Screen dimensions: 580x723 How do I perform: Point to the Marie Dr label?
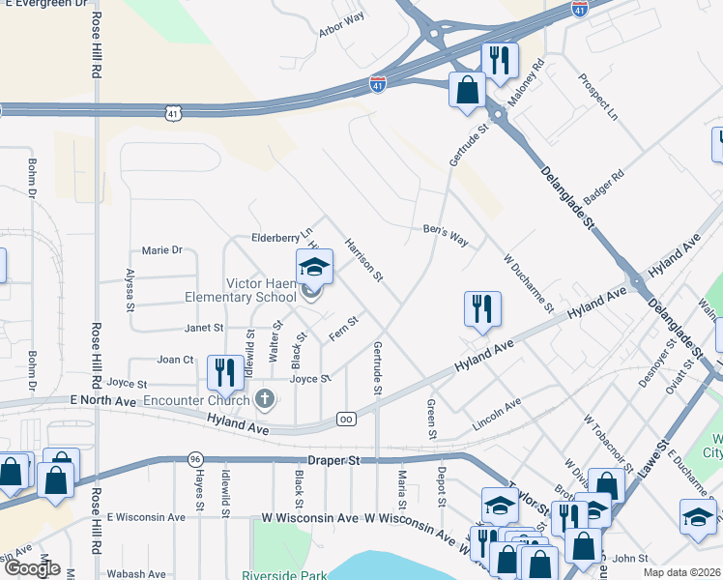click(x=161, y=250)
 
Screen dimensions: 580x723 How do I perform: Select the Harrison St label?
click(x=364, y=261)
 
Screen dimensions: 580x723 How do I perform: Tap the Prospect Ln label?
click(x=597, y=101)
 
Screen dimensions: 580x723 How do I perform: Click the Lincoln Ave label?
click(x=497, y=414)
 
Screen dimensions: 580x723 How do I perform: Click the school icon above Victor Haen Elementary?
click(x=314, y=267)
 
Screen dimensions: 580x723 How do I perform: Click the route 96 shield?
click(x=196, y=458)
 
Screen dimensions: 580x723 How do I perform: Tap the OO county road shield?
click(x=346, y=419)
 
